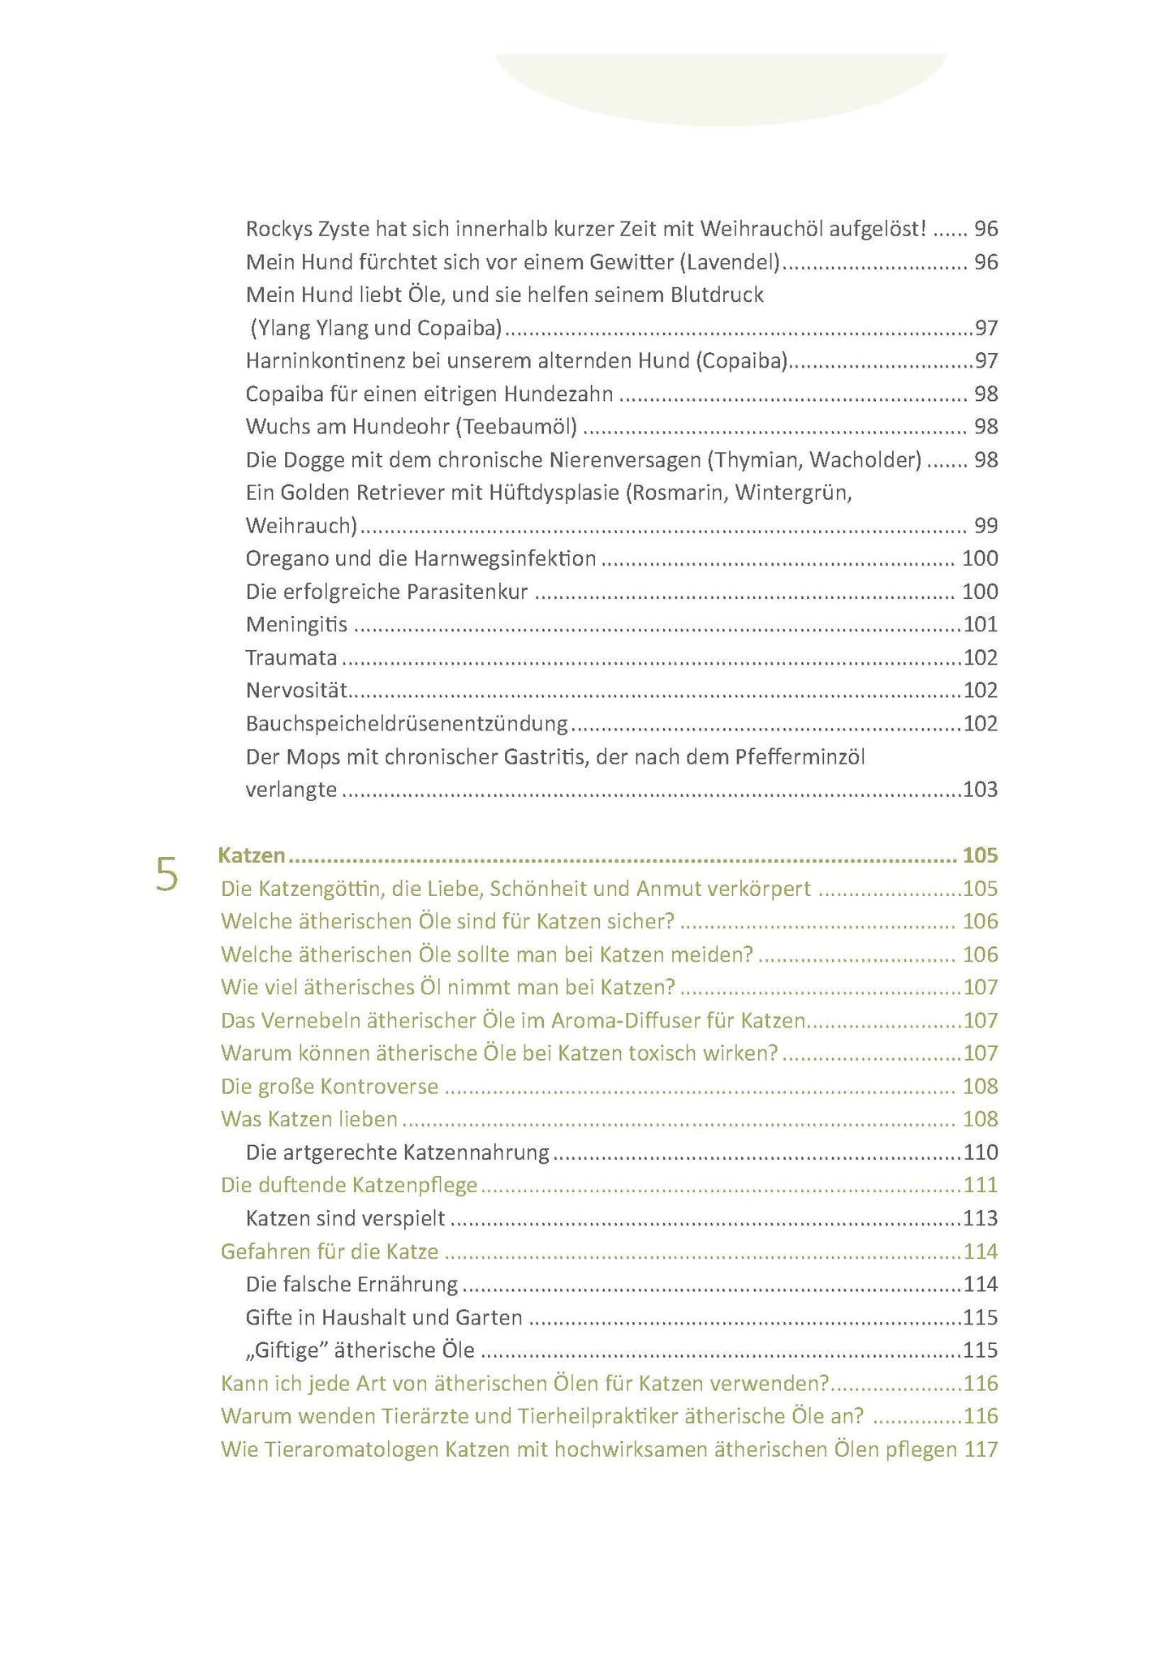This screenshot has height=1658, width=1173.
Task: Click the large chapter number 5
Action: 166,876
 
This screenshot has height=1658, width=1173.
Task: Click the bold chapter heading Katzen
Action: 252,855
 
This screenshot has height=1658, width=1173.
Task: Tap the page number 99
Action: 985,525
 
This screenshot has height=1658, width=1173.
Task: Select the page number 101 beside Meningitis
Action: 980,624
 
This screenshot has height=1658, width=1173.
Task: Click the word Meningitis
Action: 296,624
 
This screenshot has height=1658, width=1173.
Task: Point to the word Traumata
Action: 291,657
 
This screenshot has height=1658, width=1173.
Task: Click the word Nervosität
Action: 296,690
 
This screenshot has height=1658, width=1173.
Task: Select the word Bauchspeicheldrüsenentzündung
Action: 407,723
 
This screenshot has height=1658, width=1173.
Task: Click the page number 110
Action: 980,1152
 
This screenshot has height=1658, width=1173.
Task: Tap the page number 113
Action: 980,1218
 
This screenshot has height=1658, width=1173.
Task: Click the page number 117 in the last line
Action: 981,1449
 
